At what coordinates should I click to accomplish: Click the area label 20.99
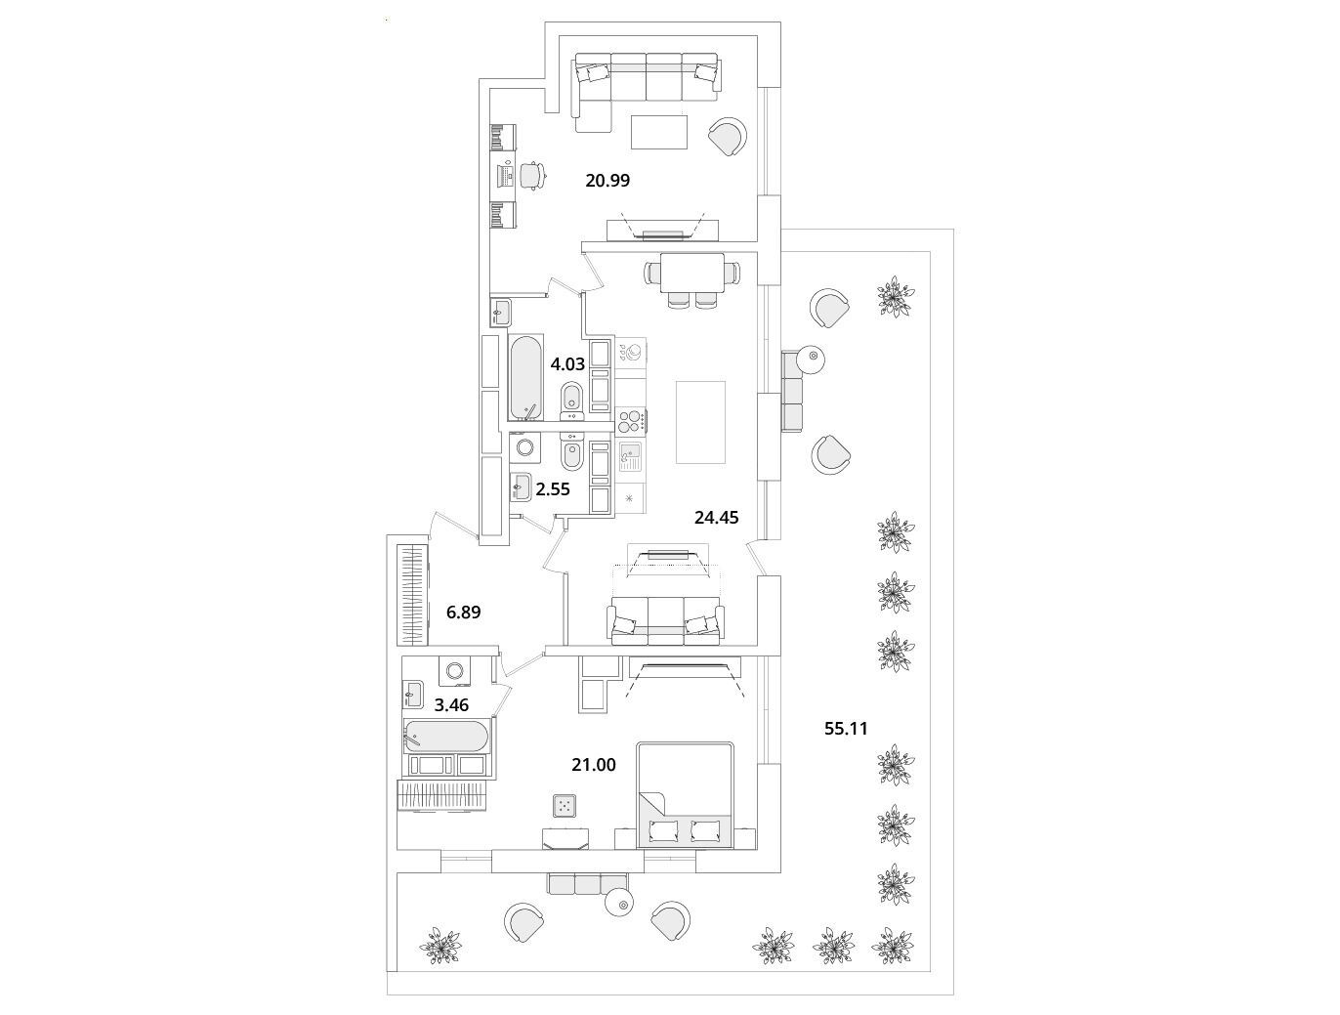click(607, 181)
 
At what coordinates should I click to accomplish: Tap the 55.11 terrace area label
click(846, 729)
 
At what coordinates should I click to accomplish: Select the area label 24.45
click(716, 519)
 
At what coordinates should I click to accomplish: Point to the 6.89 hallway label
click(463, 613)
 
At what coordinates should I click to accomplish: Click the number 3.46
click(451, 705)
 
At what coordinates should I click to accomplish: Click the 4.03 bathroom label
click(567, 364)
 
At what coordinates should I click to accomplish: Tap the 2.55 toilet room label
click(553, 489)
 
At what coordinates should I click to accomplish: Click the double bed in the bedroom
click(684, 793)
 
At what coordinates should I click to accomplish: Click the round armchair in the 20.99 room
click(728, 137)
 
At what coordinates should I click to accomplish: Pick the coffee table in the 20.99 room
click(659, 132)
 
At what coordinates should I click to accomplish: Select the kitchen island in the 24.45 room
click(700, 422)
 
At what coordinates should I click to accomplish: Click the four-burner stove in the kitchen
click(631, 421)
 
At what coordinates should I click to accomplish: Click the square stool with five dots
click(565, 806)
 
